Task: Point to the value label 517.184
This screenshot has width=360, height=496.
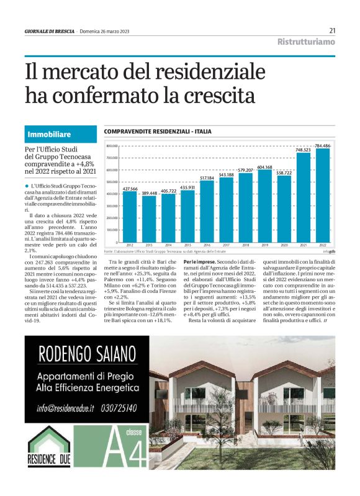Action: tap(207, 179)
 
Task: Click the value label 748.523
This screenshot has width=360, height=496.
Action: tap(304, 150)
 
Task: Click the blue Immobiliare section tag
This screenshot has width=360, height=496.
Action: tap(49, 134)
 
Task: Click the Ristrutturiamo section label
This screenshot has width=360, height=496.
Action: tap(306, 42)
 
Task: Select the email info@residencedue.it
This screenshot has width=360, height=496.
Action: tap(65, 408)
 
